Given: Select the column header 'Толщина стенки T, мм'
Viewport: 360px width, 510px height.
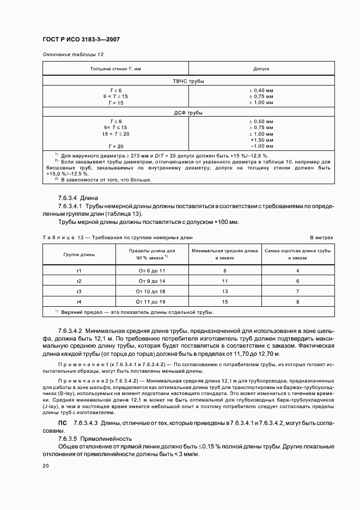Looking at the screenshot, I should [115, 69].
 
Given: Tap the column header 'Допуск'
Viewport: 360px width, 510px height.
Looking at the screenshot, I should [261, 69].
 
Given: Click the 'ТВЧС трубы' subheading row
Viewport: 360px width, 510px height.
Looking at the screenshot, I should [188, 81].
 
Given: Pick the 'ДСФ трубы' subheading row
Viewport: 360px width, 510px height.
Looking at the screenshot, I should [188, 113].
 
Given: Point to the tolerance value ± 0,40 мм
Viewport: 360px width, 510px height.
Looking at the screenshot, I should [261, 89].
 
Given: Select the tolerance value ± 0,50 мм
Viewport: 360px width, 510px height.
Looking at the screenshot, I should [261, 121].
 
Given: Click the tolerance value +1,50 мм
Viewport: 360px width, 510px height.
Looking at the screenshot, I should [261, 140].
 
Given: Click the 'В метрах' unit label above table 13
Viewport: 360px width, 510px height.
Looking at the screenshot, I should [321, 238].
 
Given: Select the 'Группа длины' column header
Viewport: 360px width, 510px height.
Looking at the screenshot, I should [79, 254].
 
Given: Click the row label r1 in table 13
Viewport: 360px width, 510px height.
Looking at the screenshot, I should [79, 270].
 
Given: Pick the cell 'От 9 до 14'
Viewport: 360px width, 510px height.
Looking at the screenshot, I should [151, 281].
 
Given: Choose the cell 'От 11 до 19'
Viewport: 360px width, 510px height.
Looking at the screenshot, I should [151, 301].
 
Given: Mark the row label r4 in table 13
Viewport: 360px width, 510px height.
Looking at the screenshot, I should [79, 301].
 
